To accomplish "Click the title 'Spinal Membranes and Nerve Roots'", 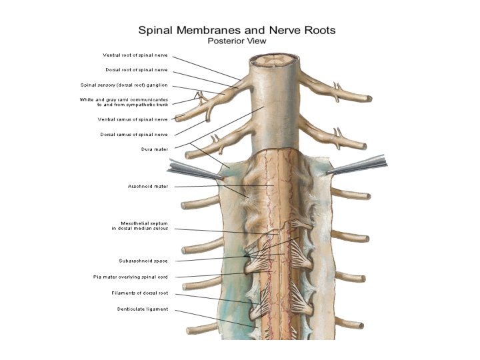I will click(x=236, y=30).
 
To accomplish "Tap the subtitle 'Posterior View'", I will click(x=237, y=40).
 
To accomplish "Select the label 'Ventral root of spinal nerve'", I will click(x=135, y=55).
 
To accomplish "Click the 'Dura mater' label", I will click(x=155, y=149).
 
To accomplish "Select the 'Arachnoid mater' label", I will click(x=148, y=186).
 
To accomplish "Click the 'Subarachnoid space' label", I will click(x=143, y=261).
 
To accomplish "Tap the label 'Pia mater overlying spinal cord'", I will click(x=131, y=277).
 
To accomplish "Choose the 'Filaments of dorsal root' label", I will click(x=140, y=293).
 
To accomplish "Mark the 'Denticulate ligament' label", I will click(x=143, y=309).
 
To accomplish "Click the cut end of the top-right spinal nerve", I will click(x=368, y=99).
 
